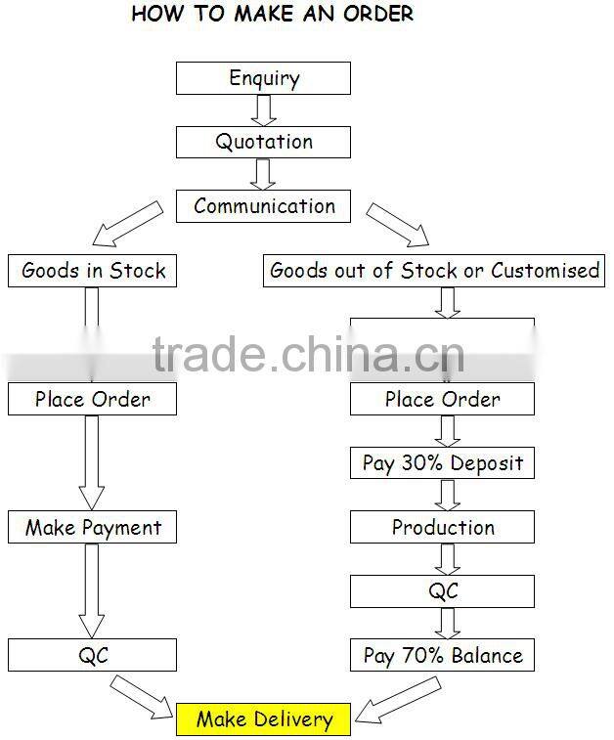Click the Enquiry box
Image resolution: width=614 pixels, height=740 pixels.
(x=263, y=78)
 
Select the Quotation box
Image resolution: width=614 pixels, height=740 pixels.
(x=263, y=142)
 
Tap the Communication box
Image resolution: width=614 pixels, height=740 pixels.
(x=263, y=206)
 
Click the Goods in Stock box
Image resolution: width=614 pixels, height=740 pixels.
(x=93, y=271)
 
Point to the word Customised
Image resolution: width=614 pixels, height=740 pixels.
(x=546, y=271)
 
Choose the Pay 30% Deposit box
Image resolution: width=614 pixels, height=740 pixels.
(x=442, y=463)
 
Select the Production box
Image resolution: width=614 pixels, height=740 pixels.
(x=442, y=527)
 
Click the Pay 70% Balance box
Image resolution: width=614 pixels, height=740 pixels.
(x=442, y=655)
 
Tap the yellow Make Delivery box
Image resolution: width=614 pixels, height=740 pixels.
(x=263, y=719)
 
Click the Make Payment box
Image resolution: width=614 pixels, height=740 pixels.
(x=93, y=527)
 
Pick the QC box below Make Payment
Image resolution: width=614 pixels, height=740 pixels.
(x=93, y=655)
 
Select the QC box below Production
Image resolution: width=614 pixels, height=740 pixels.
(x=442, y=591)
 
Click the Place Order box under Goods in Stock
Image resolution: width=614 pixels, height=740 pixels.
(x=93, y=399)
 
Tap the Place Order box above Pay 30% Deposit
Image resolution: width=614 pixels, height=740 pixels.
(x=442, y=399)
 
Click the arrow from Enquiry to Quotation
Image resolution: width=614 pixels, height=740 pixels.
(x=263, y=110)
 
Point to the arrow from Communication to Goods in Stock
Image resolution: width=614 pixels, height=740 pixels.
(x=127, y=224)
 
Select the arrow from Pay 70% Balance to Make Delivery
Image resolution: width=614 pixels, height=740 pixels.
(x=398, y=700)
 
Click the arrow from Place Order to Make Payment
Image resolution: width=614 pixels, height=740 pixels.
(x=92, y=463)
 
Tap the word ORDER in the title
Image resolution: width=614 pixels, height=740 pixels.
(x=378, y=14)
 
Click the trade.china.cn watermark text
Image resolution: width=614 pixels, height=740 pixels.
(x=309, y=355)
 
